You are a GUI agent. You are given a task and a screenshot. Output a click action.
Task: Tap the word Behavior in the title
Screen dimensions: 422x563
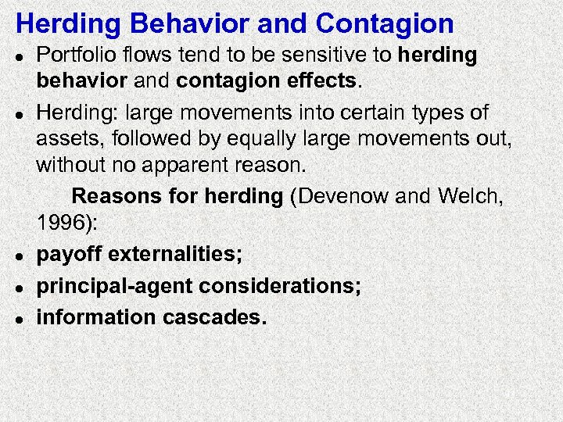(181, 23)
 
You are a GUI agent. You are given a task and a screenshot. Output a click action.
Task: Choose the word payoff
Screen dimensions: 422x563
(69, 254)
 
